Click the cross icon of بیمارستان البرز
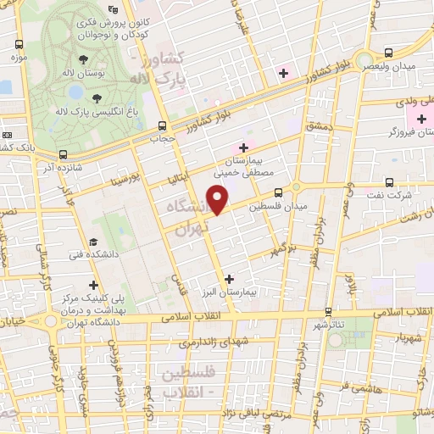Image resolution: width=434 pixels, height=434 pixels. click(x=229, y=278)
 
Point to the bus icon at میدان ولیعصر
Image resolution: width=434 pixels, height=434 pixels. click(x=388, y=53)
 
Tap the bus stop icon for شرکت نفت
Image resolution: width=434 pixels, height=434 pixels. click(x=389, y=181)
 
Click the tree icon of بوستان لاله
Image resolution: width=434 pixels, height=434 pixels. click(x=83, y=60)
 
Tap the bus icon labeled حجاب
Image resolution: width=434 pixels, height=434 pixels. click(x=156, y=123)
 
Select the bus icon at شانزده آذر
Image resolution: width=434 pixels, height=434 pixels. click(x=64, y=154)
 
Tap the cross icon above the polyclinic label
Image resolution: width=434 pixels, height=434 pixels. click(x=93, y=285)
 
